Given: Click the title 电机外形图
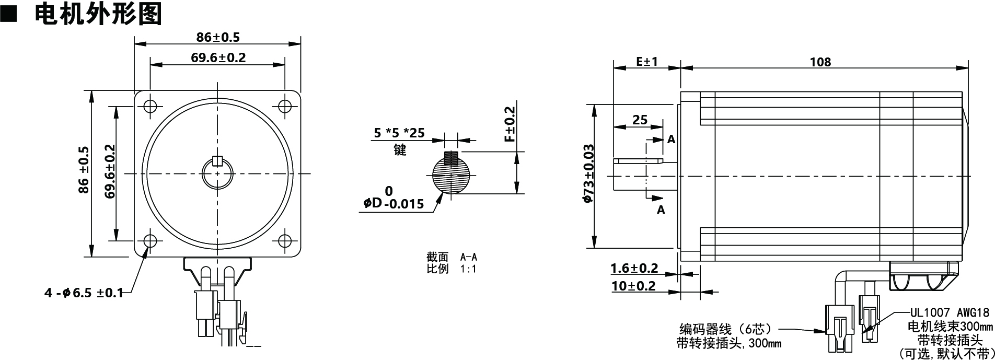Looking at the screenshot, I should (98, 14).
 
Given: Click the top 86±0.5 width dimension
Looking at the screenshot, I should (217, 37).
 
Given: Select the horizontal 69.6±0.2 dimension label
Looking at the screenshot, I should (217, 57).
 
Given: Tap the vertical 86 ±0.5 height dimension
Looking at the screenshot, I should (84, 170).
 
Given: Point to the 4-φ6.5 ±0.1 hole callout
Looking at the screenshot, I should (84, 293).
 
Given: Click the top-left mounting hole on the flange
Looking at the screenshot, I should (150, 106).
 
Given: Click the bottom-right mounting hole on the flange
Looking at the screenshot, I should (285, 241).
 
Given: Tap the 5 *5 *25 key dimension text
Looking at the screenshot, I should (399, 133).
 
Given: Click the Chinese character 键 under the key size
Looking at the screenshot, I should (400, 150).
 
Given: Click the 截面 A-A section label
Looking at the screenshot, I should (452, 257).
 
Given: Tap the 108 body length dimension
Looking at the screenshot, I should (820, 62).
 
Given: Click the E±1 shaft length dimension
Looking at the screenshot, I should (647, 61).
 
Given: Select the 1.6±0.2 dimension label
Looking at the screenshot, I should (634, 269).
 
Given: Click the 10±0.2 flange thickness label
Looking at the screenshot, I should (633, 286).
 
